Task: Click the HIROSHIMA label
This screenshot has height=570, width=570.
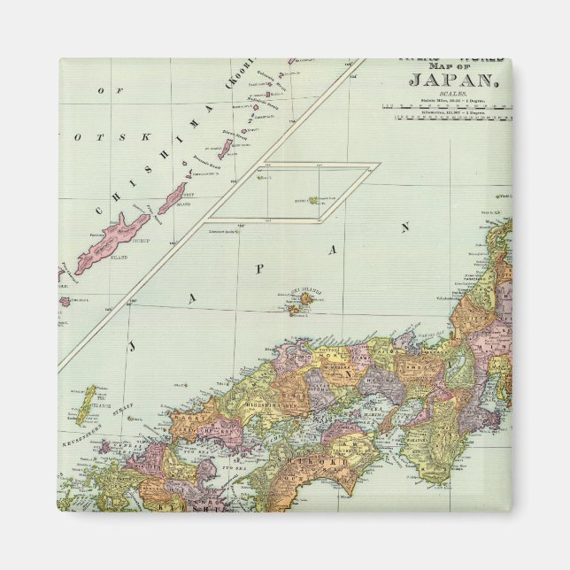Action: point(252,399)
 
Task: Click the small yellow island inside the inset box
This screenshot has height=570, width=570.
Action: point(314,201)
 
